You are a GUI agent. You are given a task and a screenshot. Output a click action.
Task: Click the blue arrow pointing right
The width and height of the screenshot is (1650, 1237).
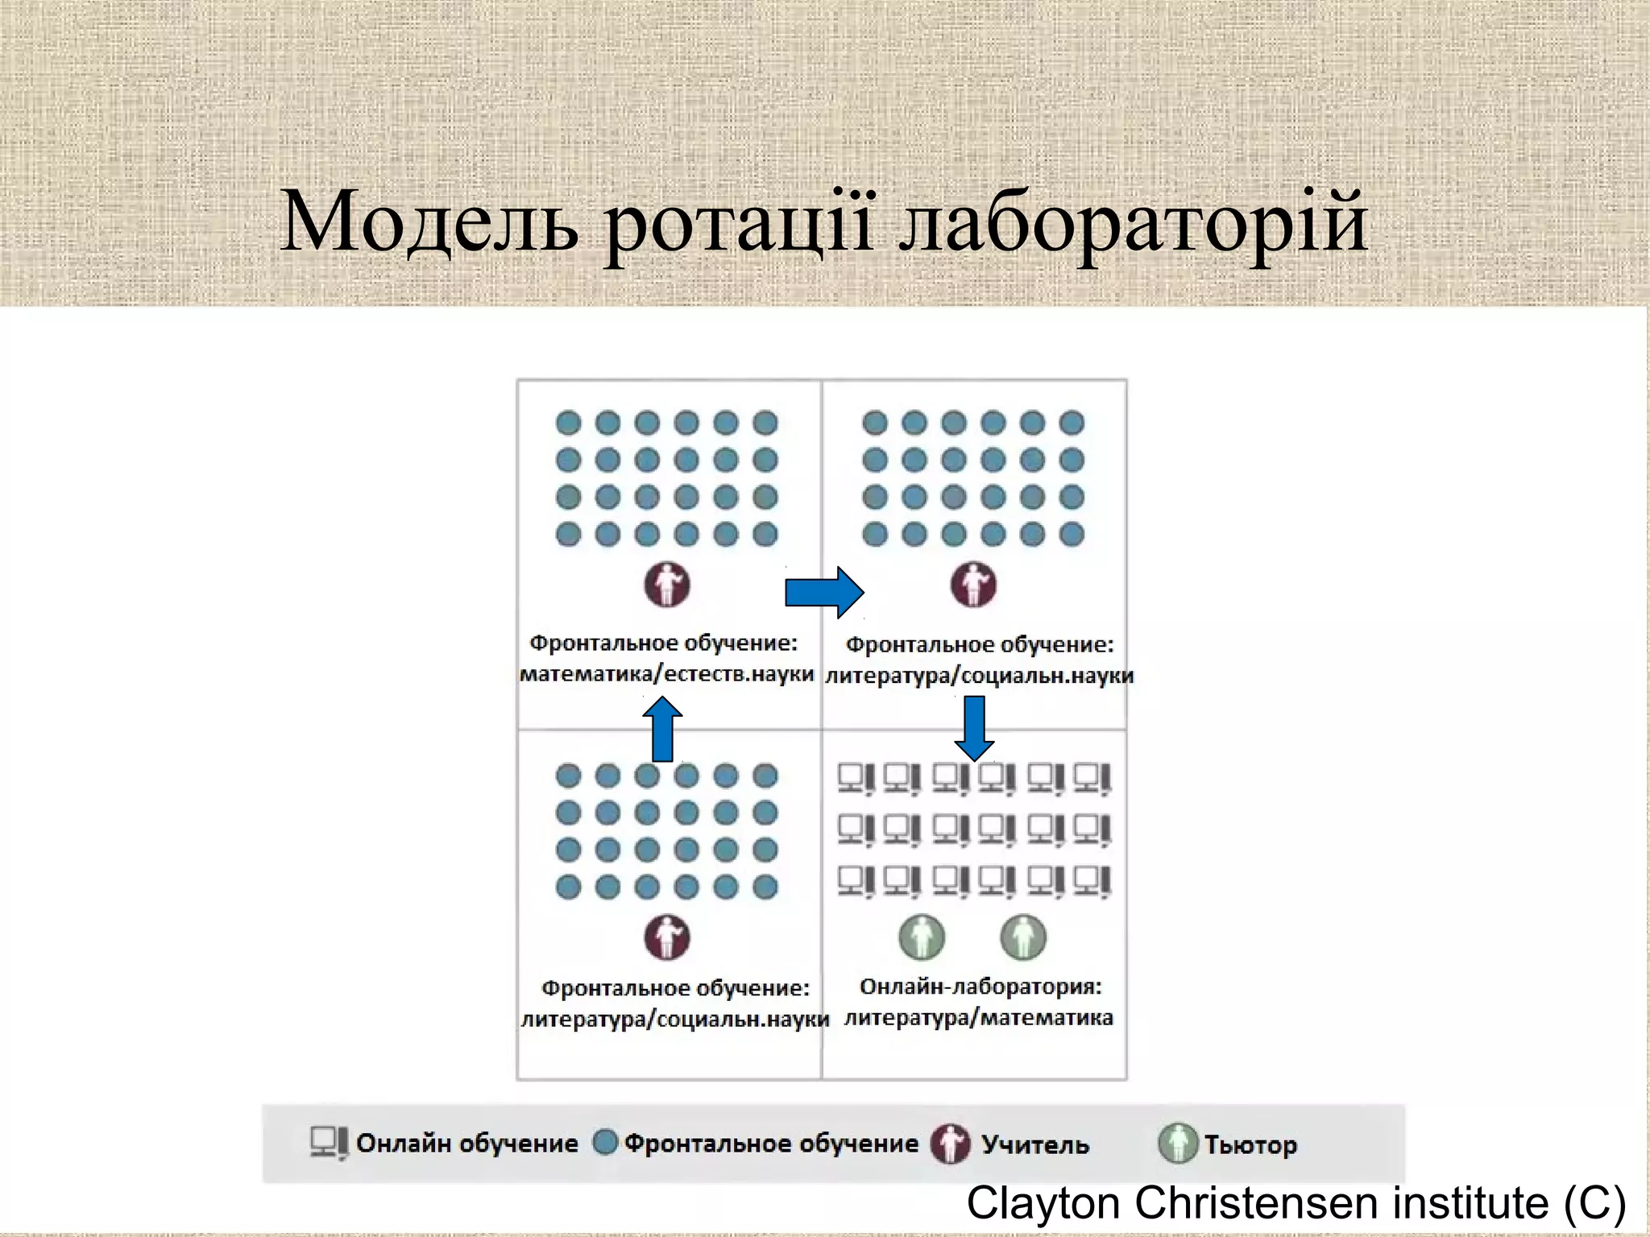point(824,593)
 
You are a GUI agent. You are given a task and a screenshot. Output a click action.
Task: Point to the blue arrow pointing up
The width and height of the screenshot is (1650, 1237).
point(662,729)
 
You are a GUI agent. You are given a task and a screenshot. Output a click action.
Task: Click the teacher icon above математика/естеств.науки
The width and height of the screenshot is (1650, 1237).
point(667,585)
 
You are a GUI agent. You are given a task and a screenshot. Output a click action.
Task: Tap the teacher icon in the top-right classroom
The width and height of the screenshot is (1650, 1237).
point(973,585)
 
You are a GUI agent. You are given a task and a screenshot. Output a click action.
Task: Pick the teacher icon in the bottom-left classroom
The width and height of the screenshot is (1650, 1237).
point(667,937)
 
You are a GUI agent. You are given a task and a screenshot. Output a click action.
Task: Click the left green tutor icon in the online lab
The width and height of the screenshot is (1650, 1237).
point(922,937)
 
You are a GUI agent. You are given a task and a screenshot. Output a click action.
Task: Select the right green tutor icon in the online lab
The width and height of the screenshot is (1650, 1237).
point(1023,937)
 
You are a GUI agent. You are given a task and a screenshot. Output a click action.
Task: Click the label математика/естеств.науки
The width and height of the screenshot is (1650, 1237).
point(667,673)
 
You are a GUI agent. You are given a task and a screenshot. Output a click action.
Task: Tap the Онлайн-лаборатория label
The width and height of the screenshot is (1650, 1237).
point(980,987)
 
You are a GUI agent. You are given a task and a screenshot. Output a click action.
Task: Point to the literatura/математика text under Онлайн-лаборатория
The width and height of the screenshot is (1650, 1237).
point(979,1018)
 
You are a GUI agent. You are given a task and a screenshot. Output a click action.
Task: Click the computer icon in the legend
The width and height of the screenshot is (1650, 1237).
point(329,1143)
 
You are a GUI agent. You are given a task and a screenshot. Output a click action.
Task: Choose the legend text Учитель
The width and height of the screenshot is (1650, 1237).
point(1035,1144)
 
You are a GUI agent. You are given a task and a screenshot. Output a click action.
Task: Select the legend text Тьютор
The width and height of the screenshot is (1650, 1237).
point(1250,1144)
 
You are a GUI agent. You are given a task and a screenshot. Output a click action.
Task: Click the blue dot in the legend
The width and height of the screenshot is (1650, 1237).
point(605,1142)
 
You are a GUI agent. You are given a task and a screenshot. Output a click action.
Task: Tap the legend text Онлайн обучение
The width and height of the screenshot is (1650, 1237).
point(467,1144)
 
